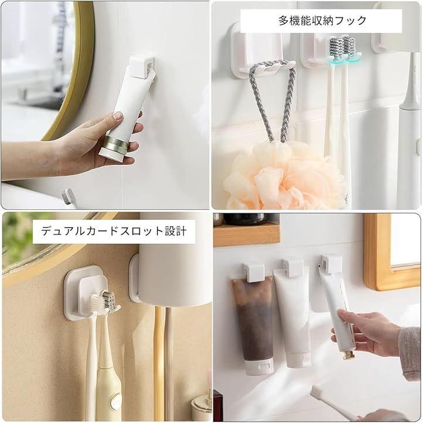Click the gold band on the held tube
tap(117, 144)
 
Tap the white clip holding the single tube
tap(142, 67)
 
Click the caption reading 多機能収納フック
tap(322, 21)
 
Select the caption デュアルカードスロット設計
tap(114, 231)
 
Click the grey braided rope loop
tap(273, 100)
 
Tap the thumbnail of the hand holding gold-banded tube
tap(105, 105)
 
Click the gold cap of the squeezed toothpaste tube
tap(348, 355)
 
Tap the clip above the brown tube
tap(253, 272)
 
